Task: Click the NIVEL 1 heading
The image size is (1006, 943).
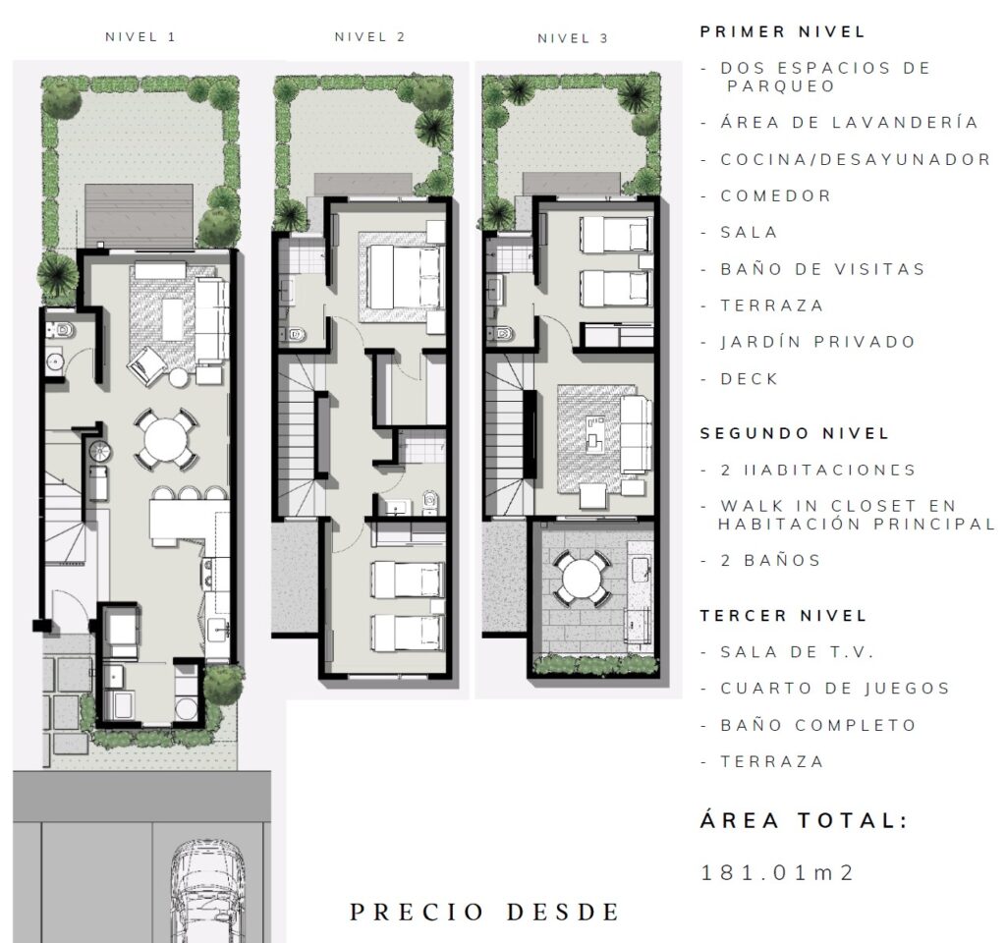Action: pyautogui.click(x=140, y=37)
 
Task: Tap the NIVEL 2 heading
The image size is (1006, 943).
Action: pyautogui.click(x=370, y=37)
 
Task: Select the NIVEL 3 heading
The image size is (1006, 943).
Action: pyautogui.click(x=573, y=38)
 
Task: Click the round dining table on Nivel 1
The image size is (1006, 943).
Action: pyautogui.click(x=166, y=439)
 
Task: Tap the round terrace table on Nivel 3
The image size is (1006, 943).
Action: pyautogui.click(x=582, y=579)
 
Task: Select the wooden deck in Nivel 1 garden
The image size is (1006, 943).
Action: pyautogui.click(x=140, y=216)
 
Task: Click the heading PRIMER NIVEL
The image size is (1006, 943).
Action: pyautogui.click(x=783, y=32)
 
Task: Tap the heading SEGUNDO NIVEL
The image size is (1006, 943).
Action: pyautogui.click(x=794, y=433)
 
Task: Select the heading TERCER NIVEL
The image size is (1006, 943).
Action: pyautogui.click(x=783, y=616)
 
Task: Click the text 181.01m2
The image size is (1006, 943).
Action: pyautogui.click(x=778, y=873)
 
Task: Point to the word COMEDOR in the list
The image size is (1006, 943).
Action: pyautogui.click(x=776, y=195)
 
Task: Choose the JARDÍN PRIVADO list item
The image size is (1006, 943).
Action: pyautogui.click(x=818, y=342)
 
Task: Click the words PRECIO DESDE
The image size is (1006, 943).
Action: pyautogui.click(x=484, y=913)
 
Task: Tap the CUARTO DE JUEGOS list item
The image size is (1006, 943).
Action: pyautogui.click(x=835, y=689)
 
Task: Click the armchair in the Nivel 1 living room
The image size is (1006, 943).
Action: pyautogui.click(x=147, y=366)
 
